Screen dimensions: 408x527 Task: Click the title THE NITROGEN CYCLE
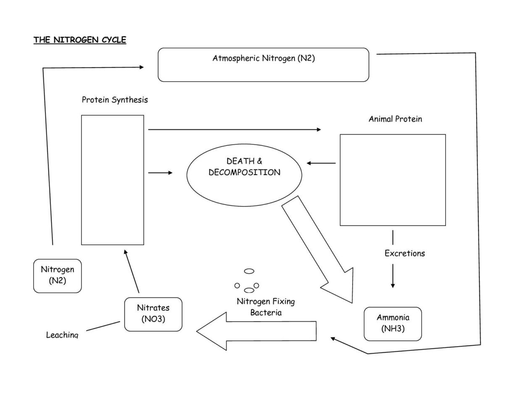(x=80, y=40)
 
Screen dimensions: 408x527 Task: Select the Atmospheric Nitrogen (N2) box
(x=263, y=65)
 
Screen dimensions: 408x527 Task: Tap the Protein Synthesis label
(x=115, y=100)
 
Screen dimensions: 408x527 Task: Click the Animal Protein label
(x=395, y=119)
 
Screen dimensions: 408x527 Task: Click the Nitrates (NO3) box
(x=153, y=314)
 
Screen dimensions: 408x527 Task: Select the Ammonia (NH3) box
(x=393, y=323)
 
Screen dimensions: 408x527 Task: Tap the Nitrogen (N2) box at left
(x=58, y=276)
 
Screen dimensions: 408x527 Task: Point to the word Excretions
(x=404, y=253)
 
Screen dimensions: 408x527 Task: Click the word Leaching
(x=62, y=335)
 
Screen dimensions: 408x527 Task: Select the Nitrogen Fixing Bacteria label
(x=266, y=307)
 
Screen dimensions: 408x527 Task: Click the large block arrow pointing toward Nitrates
(x=256, y=330)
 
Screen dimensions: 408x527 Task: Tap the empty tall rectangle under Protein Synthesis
(x=113, y=180)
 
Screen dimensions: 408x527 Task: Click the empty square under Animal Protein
(x=393, y=180)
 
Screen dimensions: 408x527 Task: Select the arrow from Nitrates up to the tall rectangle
(x=132, y=271)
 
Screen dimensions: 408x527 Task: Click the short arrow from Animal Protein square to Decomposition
(x=321, y=163)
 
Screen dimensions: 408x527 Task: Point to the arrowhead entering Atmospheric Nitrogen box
(x=141, y=67)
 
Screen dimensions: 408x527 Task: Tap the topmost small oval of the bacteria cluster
(x=249, y=271)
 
